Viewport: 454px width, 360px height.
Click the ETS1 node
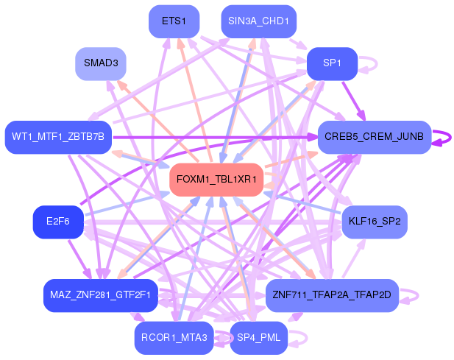pos(174,21)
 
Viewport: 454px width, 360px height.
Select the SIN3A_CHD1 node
pos(258,21)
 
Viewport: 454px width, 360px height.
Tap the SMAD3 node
pos(101,64)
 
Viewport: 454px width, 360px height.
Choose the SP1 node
pos(332,64)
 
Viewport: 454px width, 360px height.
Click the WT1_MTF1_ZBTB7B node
pos(58,137)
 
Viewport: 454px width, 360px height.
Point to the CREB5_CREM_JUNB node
pos(375,137)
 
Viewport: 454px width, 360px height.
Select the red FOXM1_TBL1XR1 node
pos(216,180)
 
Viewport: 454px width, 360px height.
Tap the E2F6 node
pos(58,222)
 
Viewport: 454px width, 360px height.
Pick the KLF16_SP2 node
pos(375,222)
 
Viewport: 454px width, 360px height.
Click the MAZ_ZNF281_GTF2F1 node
pos(101,295)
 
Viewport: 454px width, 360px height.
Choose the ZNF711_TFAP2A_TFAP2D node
pos(332,295)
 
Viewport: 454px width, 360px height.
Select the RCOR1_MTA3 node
pos(174,338)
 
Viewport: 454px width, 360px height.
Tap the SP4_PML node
pos(258,338)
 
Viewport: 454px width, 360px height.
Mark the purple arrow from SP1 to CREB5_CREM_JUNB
pos(353,101)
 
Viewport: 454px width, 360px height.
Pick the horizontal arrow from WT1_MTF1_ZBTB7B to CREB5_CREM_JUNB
pos(215,137)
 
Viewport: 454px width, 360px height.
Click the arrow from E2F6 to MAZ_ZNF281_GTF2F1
pos(79,259)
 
